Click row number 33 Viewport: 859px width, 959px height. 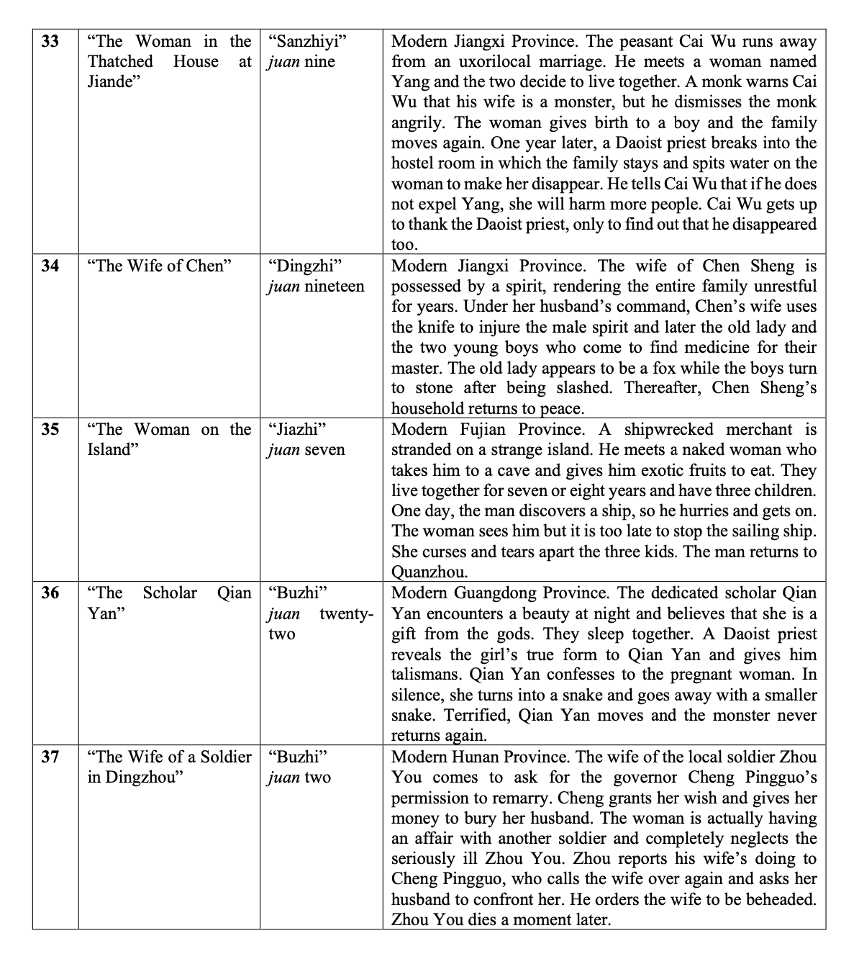(x=50, y=41)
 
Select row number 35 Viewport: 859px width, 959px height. (x=50, y=430)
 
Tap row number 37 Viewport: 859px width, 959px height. (x=50, y=757)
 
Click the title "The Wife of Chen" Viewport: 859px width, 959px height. (x=159, y=266)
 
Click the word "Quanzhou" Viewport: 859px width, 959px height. (x=429, y=572)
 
